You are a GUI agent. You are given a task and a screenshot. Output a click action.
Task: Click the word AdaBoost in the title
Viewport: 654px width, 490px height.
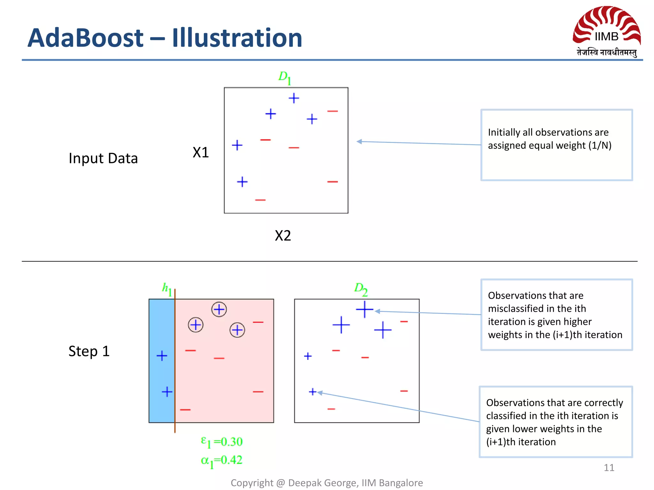(86, 38)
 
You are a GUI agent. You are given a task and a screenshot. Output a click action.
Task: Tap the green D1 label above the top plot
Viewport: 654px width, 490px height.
(285, 78)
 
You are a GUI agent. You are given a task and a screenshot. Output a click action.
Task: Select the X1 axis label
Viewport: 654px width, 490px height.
(201, 152)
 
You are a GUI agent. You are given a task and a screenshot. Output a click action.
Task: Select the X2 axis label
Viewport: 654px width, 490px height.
(283, 236)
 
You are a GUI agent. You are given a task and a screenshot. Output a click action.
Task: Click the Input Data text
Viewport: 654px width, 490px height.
(103, 158)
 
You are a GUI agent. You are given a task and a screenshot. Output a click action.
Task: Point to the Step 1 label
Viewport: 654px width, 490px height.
(89, 351)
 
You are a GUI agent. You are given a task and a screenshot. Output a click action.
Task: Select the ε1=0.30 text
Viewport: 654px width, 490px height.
(222, 442)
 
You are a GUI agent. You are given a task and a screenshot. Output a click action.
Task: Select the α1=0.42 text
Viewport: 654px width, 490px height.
(222, 461)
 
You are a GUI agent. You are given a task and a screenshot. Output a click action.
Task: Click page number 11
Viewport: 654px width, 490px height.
(609, 468)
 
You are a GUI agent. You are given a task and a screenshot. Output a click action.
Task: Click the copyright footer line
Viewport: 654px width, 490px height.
(327, 483)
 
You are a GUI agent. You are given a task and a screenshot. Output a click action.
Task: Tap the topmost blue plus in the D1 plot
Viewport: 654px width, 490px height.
(294, 98)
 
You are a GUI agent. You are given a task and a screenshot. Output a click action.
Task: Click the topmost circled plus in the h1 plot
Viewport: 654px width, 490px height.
(219, 309)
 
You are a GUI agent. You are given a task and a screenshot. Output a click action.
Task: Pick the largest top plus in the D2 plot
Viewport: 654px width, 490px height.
(364, 309)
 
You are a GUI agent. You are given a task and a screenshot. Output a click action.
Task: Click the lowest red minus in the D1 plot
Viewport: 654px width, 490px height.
(260, 200)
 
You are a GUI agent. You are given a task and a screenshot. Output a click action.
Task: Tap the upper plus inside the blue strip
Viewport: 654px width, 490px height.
(162, 356)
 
